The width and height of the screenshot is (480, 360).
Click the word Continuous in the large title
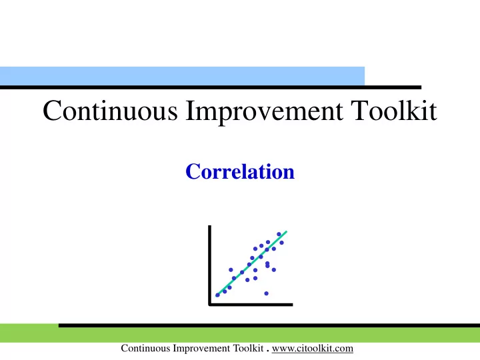click(x=110, y=110)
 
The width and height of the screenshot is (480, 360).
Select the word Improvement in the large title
click(x=264, y=112)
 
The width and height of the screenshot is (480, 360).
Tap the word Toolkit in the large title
click(x=394, y=110)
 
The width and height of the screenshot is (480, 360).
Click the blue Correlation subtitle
click(x=240, y=171)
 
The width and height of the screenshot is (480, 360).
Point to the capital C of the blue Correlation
click(x=193, y=171)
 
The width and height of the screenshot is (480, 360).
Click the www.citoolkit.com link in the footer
click(x=313, y=349)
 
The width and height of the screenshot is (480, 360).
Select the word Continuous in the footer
click(x=145, y=349)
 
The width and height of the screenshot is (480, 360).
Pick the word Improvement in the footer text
click(x=201, y=349)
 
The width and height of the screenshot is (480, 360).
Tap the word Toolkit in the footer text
click(x=248, y=349)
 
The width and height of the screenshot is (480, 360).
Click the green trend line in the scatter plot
click(x=251, y=263)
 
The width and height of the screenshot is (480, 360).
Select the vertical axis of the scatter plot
click(x=210, y=265)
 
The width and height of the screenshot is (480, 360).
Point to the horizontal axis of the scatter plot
click(x=251, y=304)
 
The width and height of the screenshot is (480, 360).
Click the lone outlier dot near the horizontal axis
click(x=266, y=293)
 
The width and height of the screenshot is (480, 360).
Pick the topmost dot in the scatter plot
click(x=279, y=234)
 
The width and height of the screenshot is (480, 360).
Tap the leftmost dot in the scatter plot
click(x=217, y=295)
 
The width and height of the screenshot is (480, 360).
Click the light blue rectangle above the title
click(x=182, y=76)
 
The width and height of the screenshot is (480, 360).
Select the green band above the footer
click(x=240, y=335)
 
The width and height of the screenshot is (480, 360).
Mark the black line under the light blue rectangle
click(x=211, y=87)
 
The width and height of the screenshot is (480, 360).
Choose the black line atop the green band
click(x=269, y=325)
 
